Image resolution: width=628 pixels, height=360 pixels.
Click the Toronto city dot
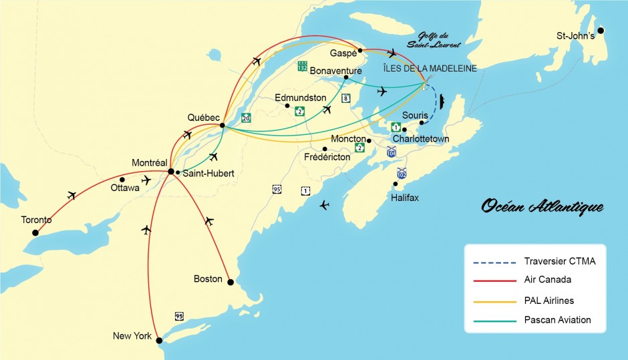click(35, 232)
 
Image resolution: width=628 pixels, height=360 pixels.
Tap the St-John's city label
click(575, 35)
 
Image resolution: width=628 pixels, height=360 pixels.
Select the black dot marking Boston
click(230, 283)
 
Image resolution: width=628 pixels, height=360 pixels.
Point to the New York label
click(132, 336)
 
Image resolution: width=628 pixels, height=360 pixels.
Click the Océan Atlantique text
click(542, 206)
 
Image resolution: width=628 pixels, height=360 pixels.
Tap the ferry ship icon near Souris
click(442, 102)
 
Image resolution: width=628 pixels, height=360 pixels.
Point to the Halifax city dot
click(396, 184)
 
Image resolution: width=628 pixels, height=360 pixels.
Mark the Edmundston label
click(301, 98)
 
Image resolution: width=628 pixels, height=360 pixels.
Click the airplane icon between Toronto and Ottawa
click(71, 195)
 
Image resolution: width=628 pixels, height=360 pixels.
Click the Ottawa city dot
click(122, 179)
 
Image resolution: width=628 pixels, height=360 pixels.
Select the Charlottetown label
click(422, 139)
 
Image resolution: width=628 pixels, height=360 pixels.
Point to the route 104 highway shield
click(391, 152)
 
